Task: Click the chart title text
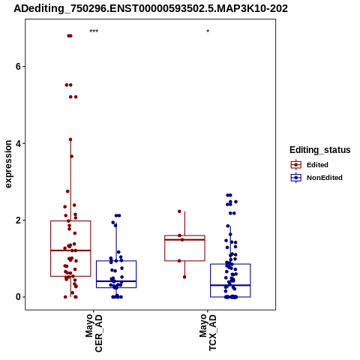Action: click(151, 9)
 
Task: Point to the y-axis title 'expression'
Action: click(8, 164)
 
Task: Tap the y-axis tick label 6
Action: click(18, 67)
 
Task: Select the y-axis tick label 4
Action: click(18, 143)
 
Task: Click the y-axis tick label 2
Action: click(18, 220)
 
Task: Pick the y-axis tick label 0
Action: click(18, 297)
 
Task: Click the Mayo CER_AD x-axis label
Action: click(94, 333)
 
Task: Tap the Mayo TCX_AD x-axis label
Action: click(208, 332)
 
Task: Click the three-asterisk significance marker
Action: click(94, 31)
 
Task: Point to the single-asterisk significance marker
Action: click(208, 31)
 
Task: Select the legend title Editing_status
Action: click(320, 150)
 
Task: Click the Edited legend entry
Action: click(309, 165)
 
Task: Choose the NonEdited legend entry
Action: click(316, 178)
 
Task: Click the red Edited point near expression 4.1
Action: click(70, 139)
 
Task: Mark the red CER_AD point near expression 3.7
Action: click(71, 157)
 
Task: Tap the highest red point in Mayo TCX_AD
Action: click(179, 211)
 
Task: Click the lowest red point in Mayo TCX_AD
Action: click(184, 277)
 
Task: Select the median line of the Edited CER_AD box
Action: click(70, 250)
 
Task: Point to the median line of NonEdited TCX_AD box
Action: click(230, 285)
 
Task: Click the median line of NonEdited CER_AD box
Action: click(116, 281)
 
